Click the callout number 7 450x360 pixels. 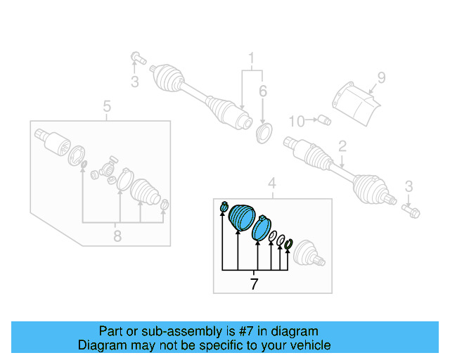[254, 284]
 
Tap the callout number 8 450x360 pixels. [117, 236]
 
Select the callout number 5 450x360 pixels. [107, 107]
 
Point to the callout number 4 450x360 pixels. [272, 185]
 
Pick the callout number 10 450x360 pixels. [297, 121]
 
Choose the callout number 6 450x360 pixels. [263, 91]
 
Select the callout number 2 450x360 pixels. [342, 147]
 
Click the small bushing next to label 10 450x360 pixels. [323, 120]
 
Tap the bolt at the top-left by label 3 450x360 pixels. [137, 58]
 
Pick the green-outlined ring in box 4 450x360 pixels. [288, 245]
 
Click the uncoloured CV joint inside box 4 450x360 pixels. [308, 255]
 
